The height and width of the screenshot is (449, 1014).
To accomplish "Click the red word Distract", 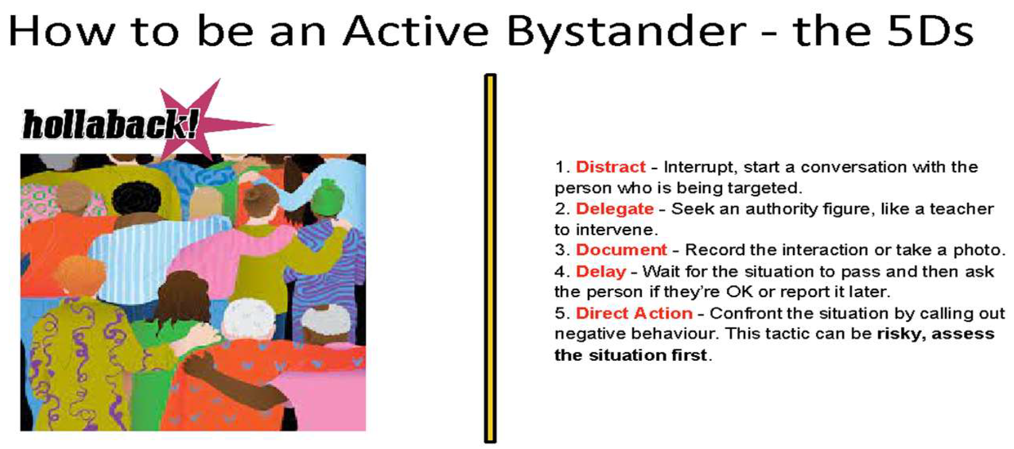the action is pos(611,167).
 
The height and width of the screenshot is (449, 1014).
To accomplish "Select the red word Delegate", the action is pos(615,209).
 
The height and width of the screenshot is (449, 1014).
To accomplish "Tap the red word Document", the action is pos(622,250).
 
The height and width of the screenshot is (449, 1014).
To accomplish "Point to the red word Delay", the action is pos(601,272).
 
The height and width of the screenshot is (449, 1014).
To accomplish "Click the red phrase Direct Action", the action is pos(634,313).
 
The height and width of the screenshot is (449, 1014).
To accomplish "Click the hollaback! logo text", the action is pos(110,124).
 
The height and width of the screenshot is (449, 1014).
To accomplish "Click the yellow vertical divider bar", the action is pos(490,259).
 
